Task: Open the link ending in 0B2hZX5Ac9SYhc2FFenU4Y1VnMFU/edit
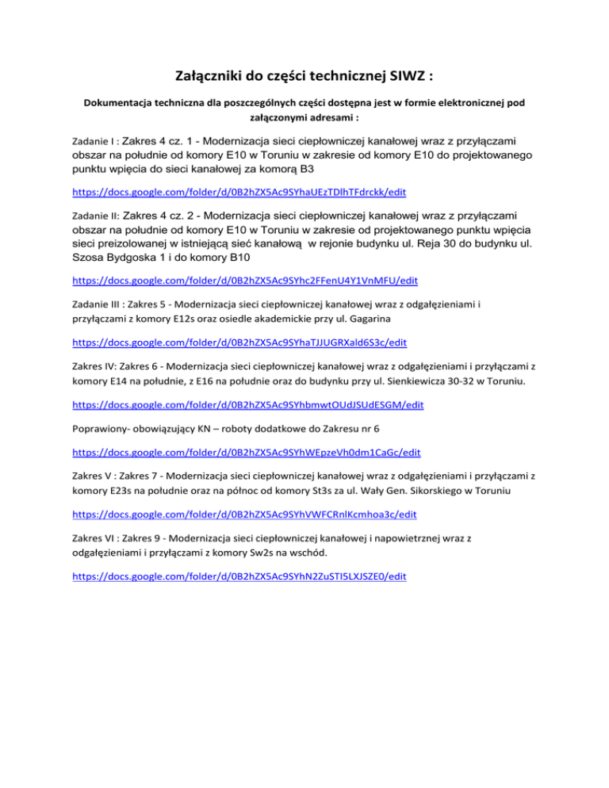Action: [245, 281]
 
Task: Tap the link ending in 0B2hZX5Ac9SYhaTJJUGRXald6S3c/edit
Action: [239, 342]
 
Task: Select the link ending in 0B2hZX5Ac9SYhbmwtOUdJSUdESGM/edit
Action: [247, 404]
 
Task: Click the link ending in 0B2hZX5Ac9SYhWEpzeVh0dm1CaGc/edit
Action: [246, 452]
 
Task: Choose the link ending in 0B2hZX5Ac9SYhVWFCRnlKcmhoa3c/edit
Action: [243, 514]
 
